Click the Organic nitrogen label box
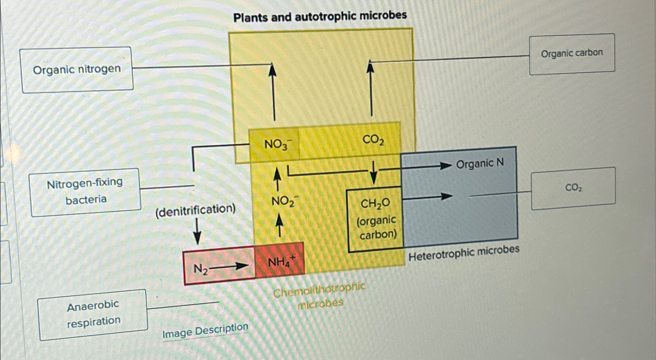(x=77, y=70)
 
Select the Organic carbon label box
(x=572, y=54)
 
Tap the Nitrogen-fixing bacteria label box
(x=85, y=191)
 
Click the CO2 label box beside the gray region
(x=573, y=188)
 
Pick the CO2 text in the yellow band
(x=373, y=139)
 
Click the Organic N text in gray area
(x=480, y=163)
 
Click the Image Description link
(x=205, y=331)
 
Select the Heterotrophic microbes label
(x=464, y=253)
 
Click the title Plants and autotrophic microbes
(x=320, y=16)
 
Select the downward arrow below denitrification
(x=197, y=232)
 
